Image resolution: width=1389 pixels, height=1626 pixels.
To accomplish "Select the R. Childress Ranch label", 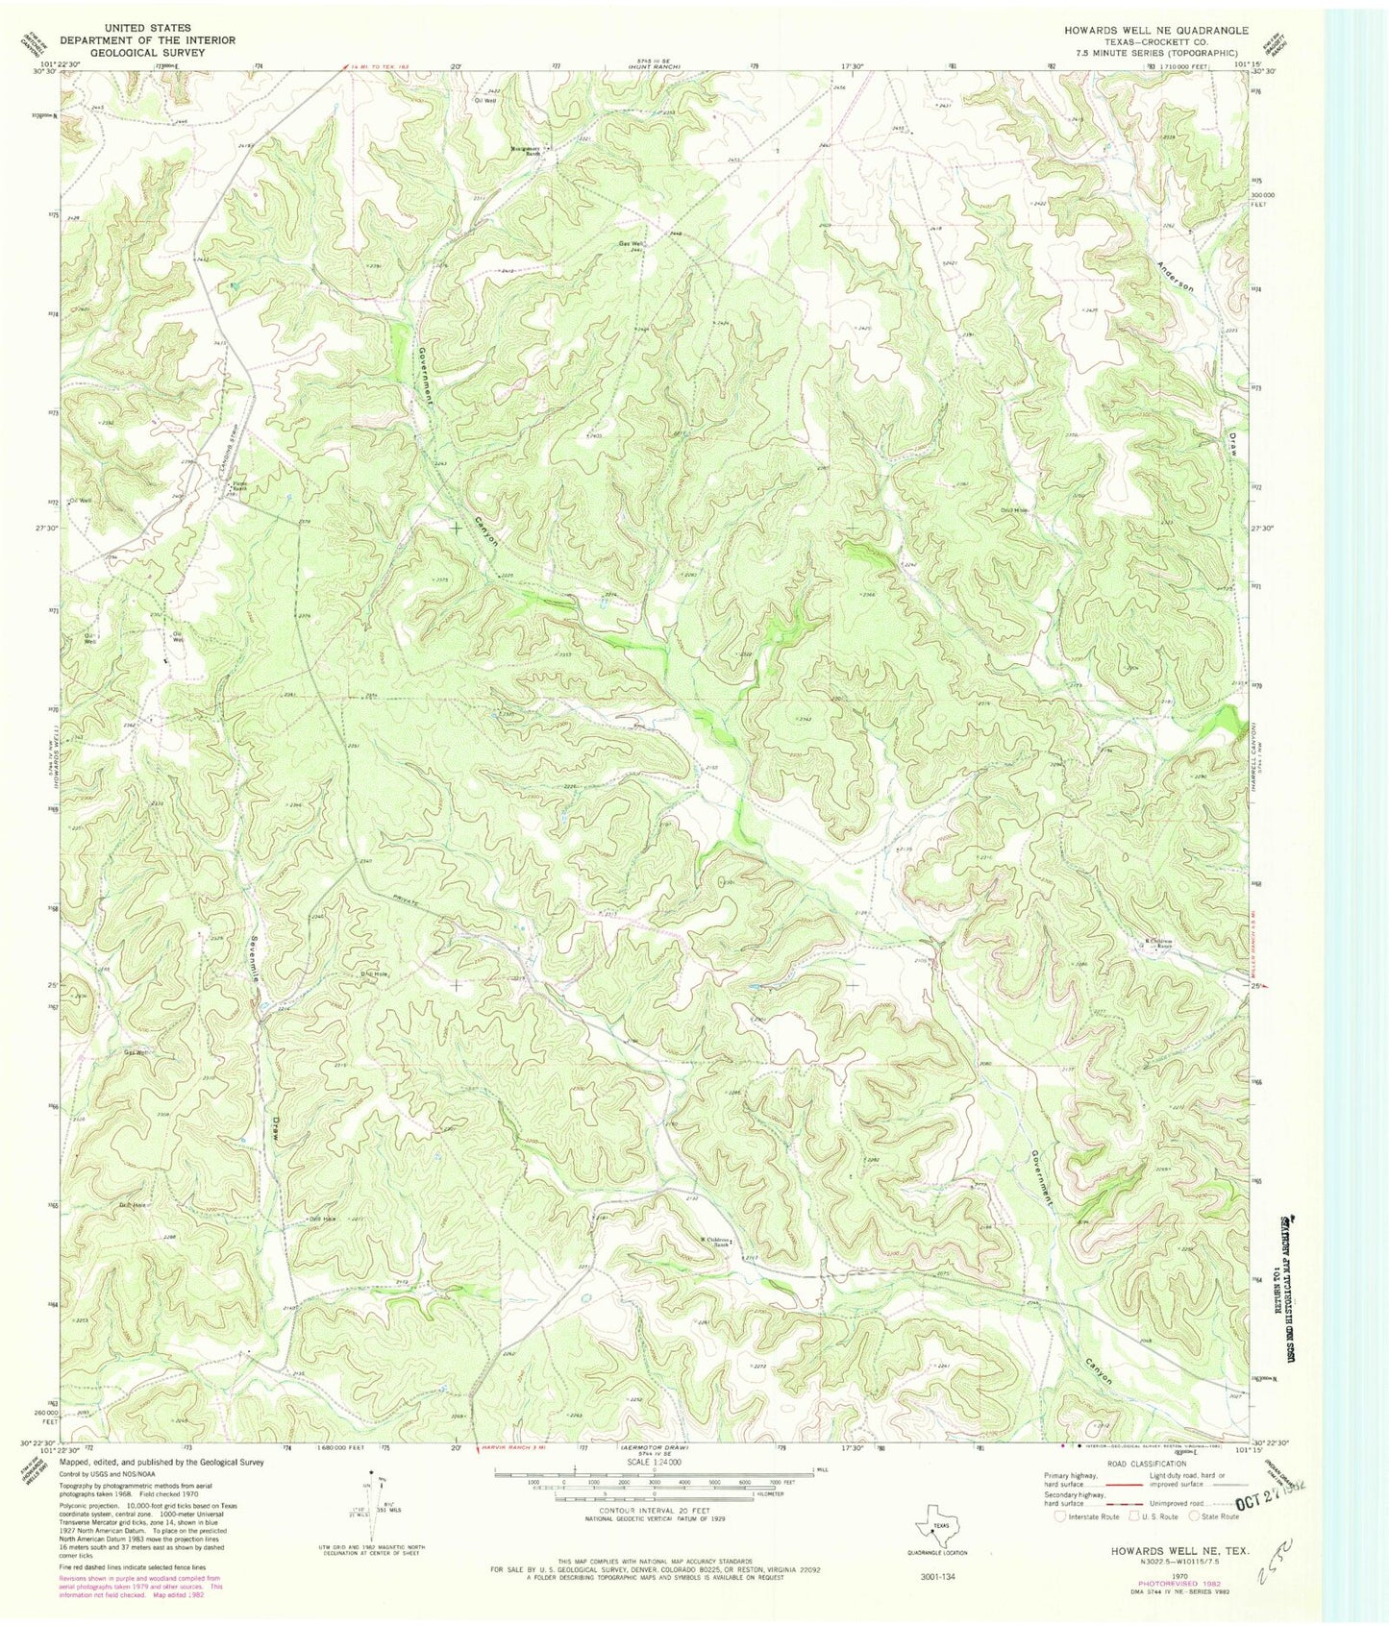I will point(1160,944).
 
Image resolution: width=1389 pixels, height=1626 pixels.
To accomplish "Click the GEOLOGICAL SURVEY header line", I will point(125,54).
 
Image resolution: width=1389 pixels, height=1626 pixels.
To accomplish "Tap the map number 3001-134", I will point(936,1578).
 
